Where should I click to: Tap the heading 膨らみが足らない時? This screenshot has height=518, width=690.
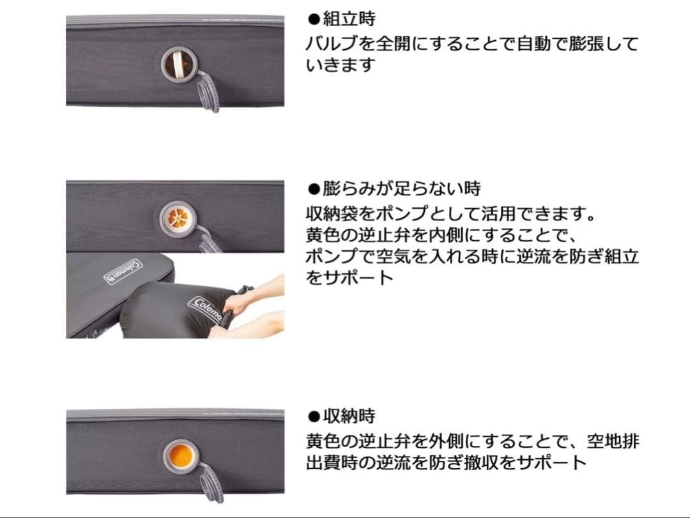(x=401, y=189)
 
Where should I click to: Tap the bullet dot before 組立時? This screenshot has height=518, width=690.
(x=313, y=20)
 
